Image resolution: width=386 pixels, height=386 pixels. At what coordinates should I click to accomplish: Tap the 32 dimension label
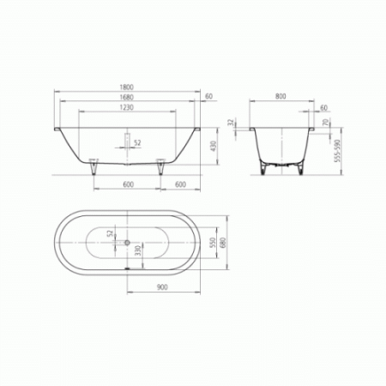[232, 124]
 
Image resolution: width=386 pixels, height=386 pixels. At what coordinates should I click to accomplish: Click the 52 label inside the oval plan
[109, 232]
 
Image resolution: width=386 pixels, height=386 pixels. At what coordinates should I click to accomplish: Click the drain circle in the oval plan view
[127, 242]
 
